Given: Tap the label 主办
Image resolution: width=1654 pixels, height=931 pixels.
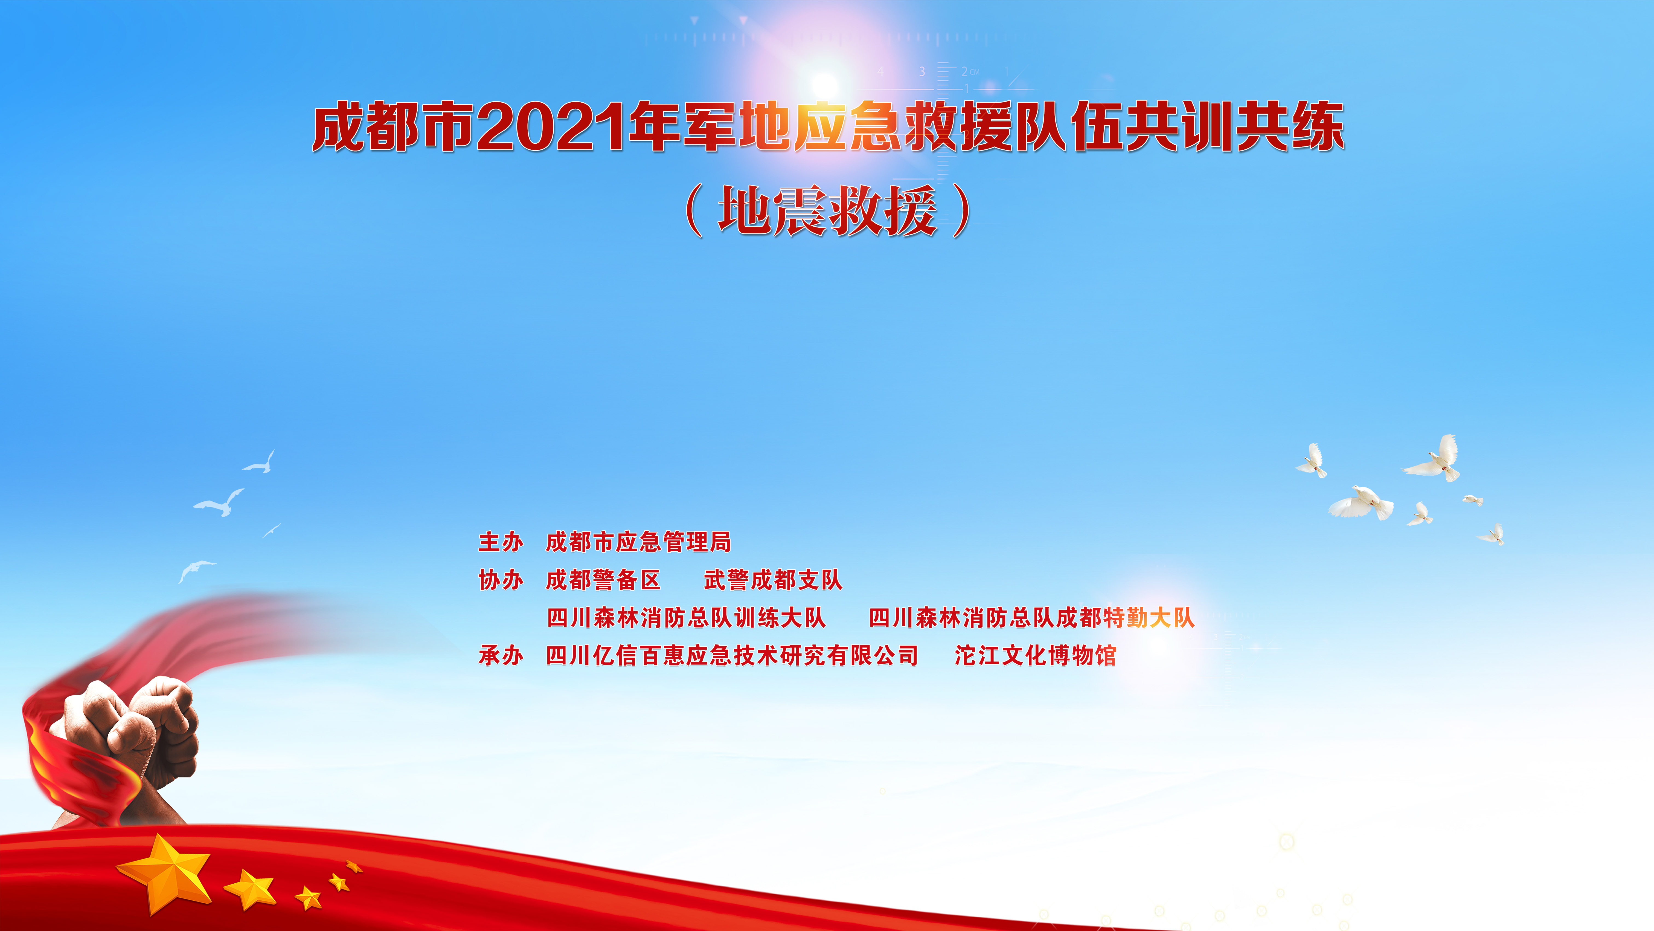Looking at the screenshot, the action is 501,542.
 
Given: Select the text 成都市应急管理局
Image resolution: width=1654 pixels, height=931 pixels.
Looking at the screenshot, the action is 638,542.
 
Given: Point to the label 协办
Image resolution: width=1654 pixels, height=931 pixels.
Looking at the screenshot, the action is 501,580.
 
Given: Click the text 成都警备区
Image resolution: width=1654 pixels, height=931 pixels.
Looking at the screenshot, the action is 603,580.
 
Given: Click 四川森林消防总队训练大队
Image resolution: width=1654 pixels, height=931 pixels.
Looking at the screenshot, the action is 686,617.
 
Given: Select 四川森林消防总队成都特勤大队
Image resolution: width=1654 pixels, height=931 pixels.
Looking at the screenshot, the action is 1031,617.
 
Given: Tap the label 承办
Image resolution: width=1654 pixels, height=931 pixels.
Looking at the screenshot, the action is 501,655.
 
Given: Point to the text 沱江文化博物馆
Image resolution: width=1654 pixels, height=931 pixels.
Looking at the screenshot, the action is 1035,655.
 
